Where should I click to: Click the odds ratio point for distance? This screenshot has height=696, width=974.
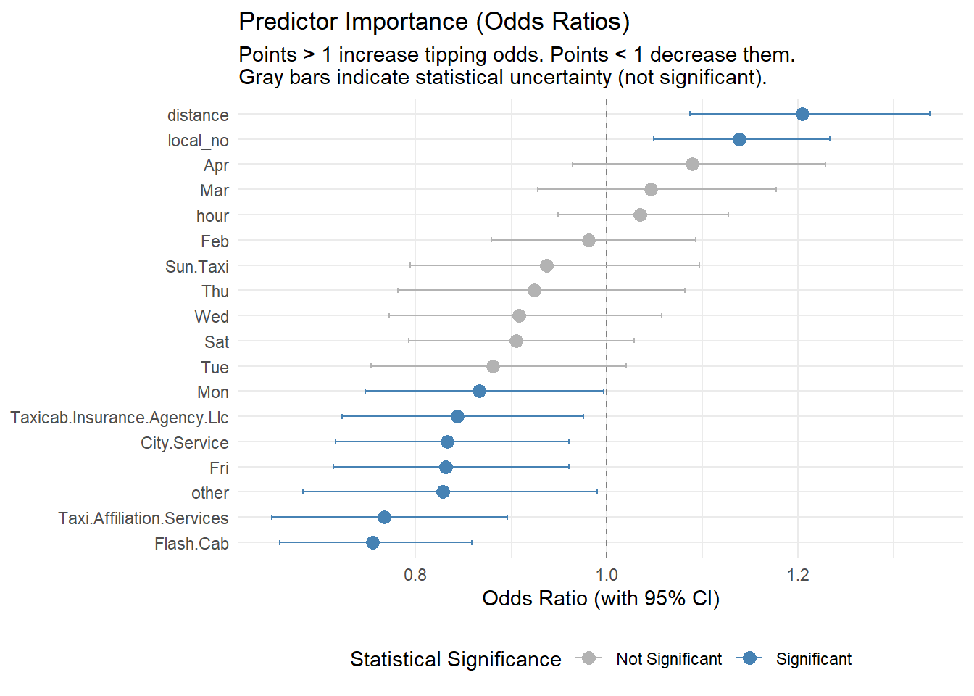(x=802, y=114)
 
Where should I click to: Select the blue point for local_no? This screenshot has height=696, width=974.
(x=739, y=139)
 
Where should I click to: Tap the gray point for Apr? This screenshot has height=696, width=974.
(x=692, y=164)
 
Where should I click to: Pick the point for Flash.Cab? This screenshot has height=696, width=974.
(x=372, y=542)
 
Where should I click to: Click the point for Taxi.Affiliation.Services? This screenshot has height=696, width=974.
(x=384, y=517)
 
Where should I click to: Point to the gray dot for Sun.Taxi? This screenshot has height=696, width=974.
(x=546, y=265)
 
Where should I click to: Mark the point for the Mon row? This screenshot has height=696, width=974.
(x=479, y=391)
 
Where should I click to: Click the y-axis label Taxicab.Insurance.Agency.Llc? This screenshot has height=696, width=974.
(x=120, y=418)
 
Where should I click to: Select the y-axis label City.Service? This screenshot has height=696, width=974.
(x=185, y=443)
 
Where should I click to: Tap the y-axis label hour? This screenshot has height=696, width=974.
(x=212, y=216)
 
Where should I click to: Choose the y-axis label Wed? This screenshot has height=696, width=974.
(x=212, y=317)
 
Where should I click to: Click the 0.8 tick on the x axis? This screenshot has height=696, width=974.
(x=415, y=575)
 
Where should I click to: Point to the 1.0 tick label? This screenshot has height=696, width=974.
(x=607, y=575)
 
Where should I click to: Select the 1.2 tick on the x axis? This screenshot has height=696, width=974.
(x=798, y=575)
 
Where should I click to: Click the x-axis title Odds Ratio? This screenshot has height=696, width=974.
(x=601, y=598)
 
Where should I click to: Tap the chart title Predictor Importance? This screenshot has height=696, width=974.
(x=434, y=22)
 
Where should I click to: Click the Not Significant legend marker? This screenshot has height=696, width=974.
(x=589, y=658)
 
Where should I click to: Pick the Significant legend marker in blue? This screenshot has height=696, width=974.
(x=749, y=658)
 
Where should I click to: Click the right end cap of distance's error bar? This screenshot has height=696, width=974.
(x=930, y=114)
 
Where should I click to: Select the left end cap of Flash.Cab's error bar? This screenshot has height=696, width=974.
(x=280, y=542)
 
